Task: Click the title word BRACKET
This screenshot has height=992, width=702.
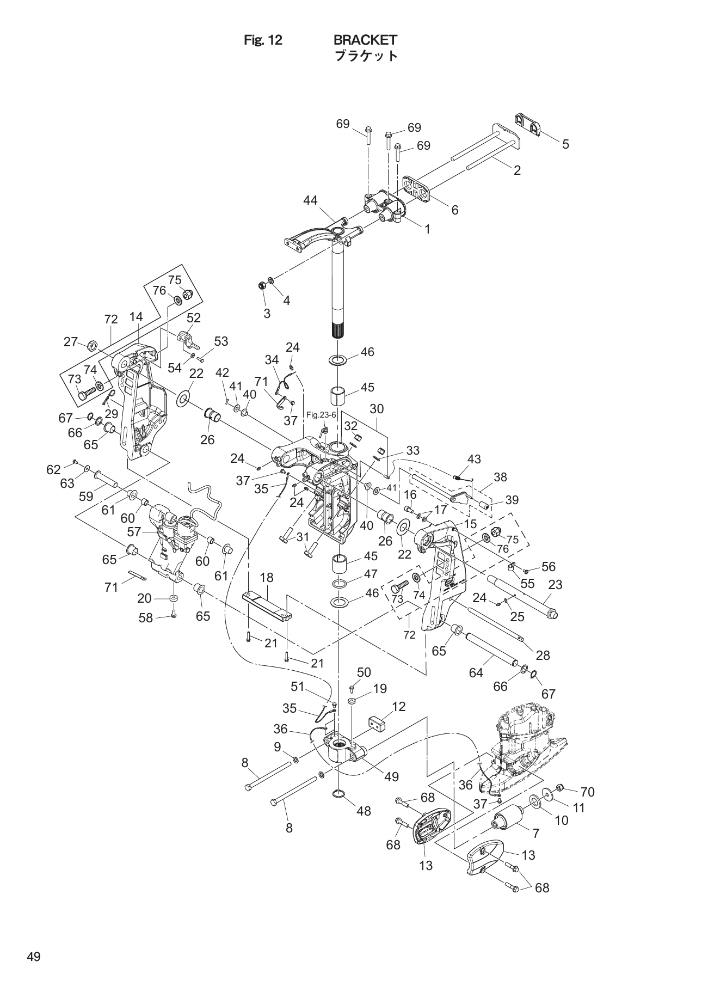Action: [365, 40]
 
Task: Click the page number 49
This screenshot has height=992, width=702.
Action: [33, 957]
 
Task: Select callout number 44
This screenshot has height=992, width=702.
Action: [310, 200]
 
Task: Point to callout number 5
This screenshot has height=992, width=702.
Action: [565, 144]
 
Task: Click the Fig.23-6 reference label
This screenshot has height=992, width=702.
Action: [321, 415]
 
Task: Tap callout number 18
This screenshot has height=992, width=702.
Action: [267, 577]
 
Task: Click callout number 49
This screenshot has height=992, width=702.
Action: [391, 777]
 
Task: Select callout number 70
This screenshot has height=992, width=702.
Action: [588, 792]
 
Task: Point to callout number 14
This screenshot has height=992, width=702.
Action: [136, 317]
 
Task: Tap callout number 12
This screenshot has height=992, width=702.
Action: [398, 707]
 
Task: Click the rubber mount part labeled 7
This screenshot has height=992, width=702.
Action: [508, 818]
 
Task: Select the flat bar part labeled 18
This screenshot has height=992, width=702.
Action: [267, 605]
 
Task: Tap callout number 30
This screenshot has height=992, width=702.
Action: [377, 408]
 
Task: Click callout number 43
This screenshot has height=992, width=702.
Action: [474, 459]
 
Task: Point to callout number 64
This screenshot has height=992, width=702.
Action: [476, 673]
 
